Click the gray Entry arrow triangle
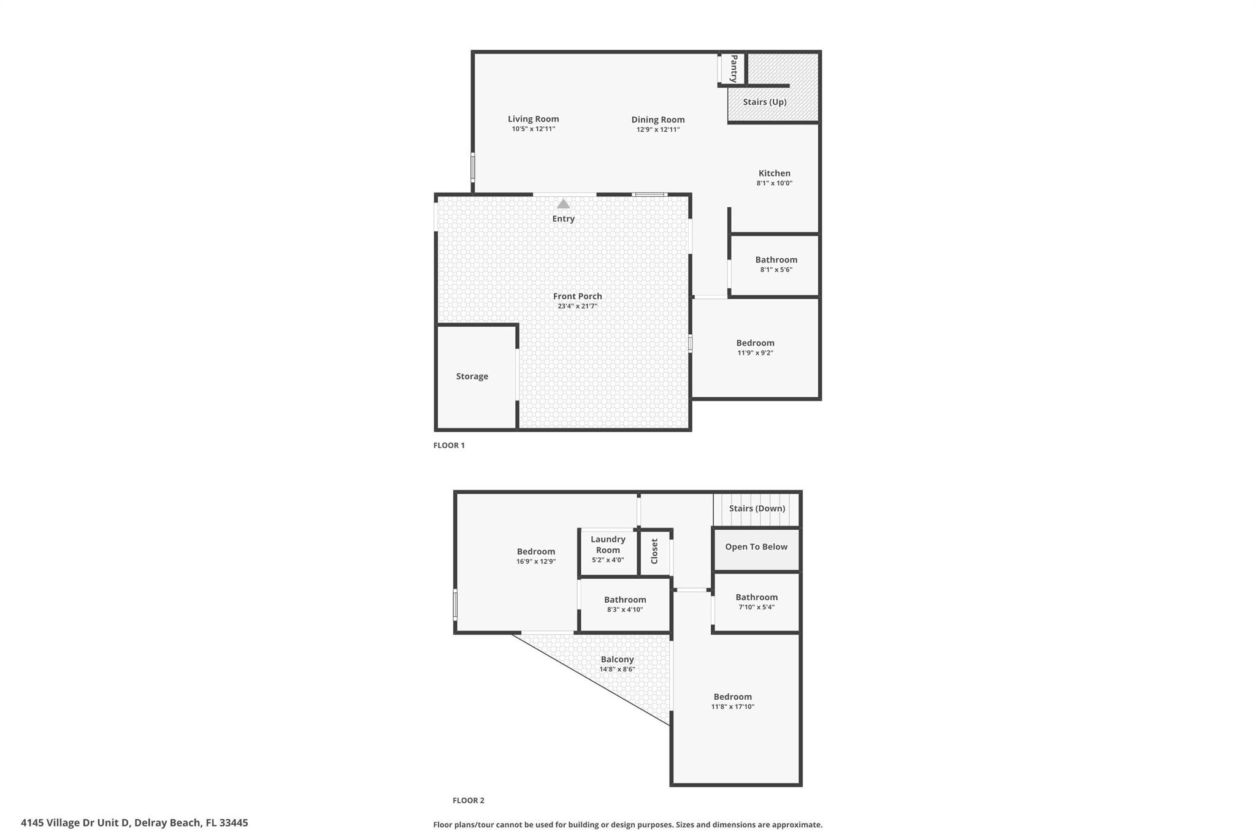coord(563,204)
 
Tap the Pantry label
coord(733,69)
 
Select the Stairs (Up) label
coord(764,102)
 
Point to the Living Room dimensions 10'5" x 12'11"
coord(534,129)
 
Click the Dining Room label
coord(658,120)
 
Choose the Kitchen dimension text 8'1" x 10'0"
coord(774,183)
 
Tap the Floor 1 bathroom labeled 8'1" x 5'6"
coord(776,264)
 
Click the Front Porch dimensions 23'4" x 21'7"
coord(577,306)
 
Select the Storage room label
coord(472,376)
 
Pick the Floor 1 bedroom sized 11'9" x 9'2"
coord(755,347)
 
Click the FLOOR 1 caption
coord(449,445)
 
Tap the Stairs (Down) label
coord(757,508)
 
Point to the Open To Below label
coord(756,547)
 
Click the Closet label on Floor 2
coord(654,551)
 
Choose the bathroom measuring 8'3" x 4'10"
coord(625,604)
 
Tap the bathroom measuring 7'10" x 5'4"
coord(756,602)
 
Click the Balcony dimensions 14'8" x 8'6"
coord(617,670)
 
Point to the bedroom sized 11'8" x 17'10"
coord(732,701)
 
